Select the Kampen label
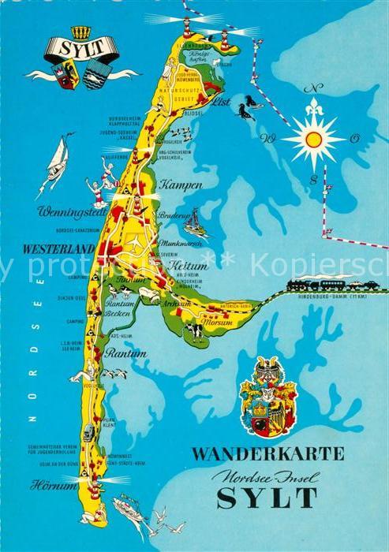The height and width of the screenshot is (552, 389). click(181, 185)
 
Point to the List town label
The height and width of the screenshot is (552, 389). click(219, 102)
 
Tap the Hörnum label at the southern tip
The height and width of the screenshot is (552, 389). click(54, 486)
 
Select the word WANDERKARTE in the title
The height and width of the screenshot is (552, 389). click(269, 453)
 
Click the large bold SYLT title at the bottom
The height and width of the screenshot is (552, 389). click(267, 498)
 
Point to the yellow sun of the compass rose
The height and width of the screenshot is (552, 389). click(314, 140)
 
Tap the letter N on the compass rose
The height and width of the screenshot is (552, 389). click(314, 88)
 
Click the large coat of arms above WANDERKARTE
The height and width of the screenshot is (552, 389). click(268, 396)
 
